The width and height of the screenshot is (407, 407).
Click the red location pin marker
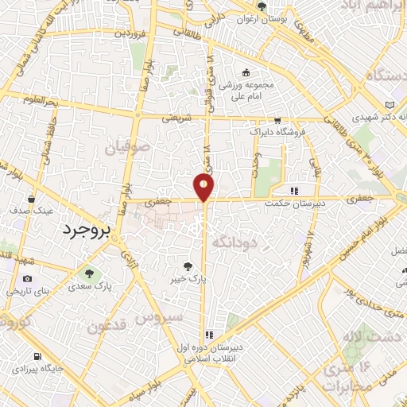click(204, 188)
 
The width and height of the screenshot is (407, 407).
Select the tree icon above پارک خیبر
click(188, 266)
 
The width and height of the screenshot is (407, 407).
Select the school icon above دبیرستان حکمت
click(294, 191)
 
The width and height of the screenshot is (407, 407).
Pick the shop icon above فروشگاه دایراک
click(277, 121)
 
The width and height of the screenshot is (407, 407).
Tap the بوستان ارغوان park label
click(263, 17)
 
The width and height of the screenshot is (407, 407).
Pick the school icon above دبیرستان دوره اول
click(209, 335)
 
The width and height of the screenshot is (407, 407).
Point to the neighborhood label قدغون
click(107, 325)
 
